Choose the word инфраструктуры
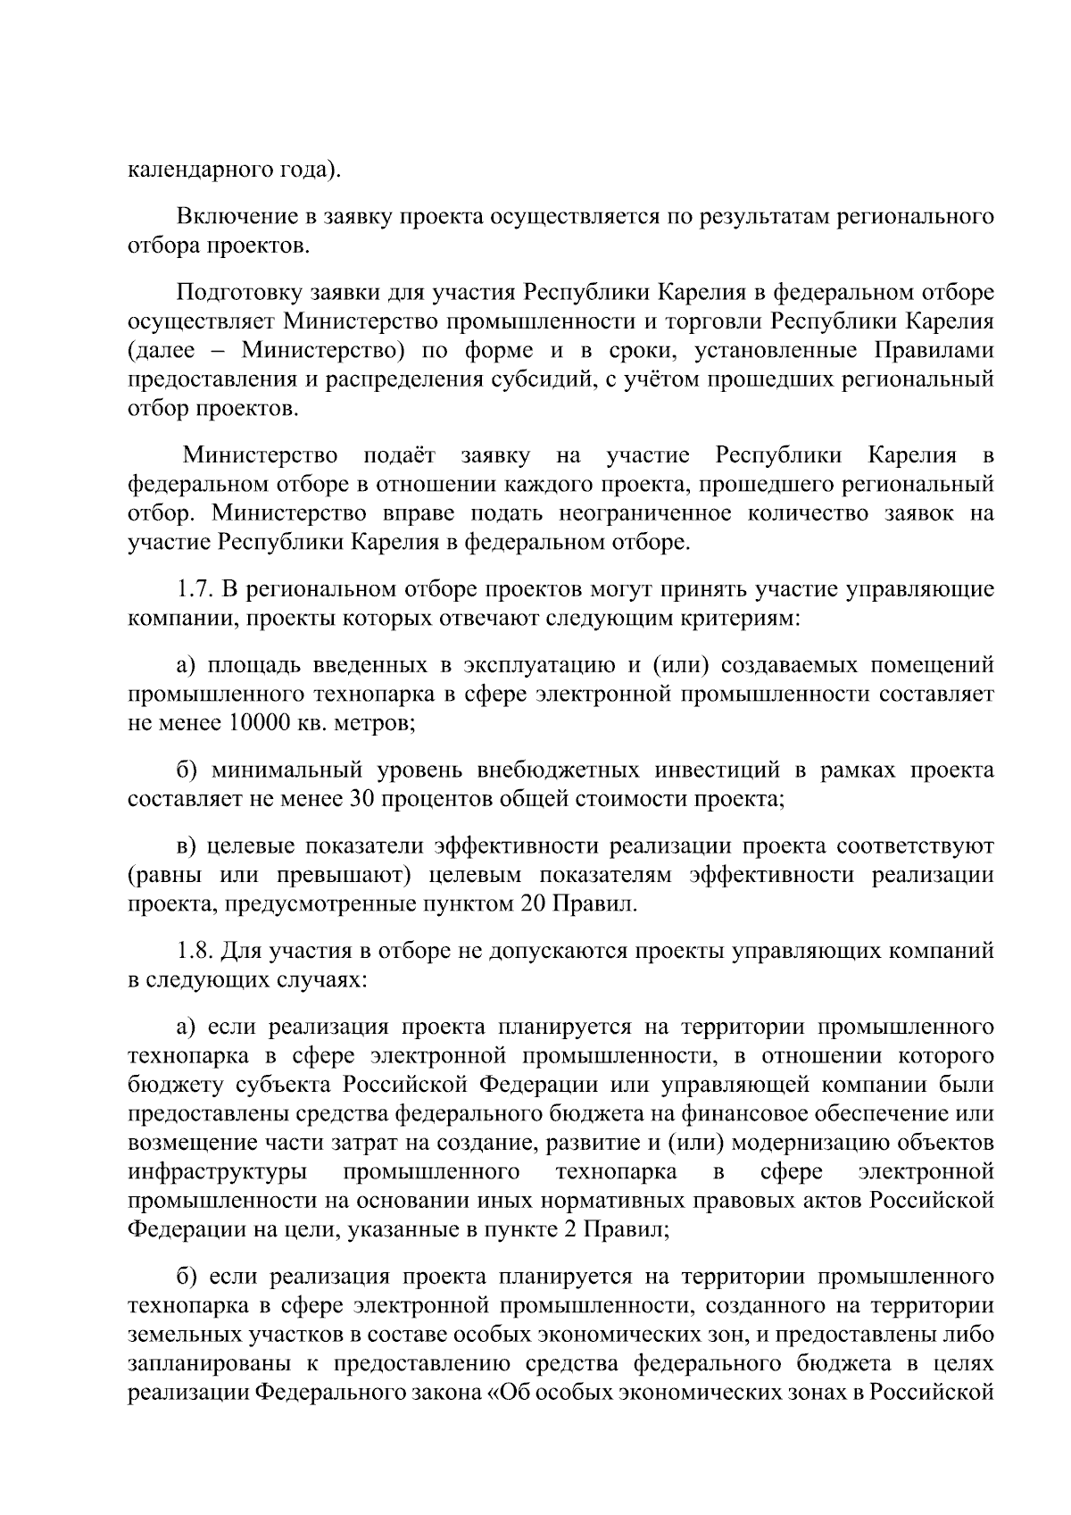click(x=218, y=1171)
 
